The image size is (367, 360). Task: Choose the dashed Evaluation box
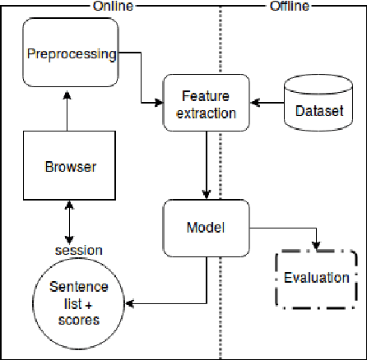coord(317,277)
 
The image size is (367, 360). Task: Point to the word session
coord(78,250)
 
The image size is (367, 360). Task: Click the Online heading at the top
coord(112,7)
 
